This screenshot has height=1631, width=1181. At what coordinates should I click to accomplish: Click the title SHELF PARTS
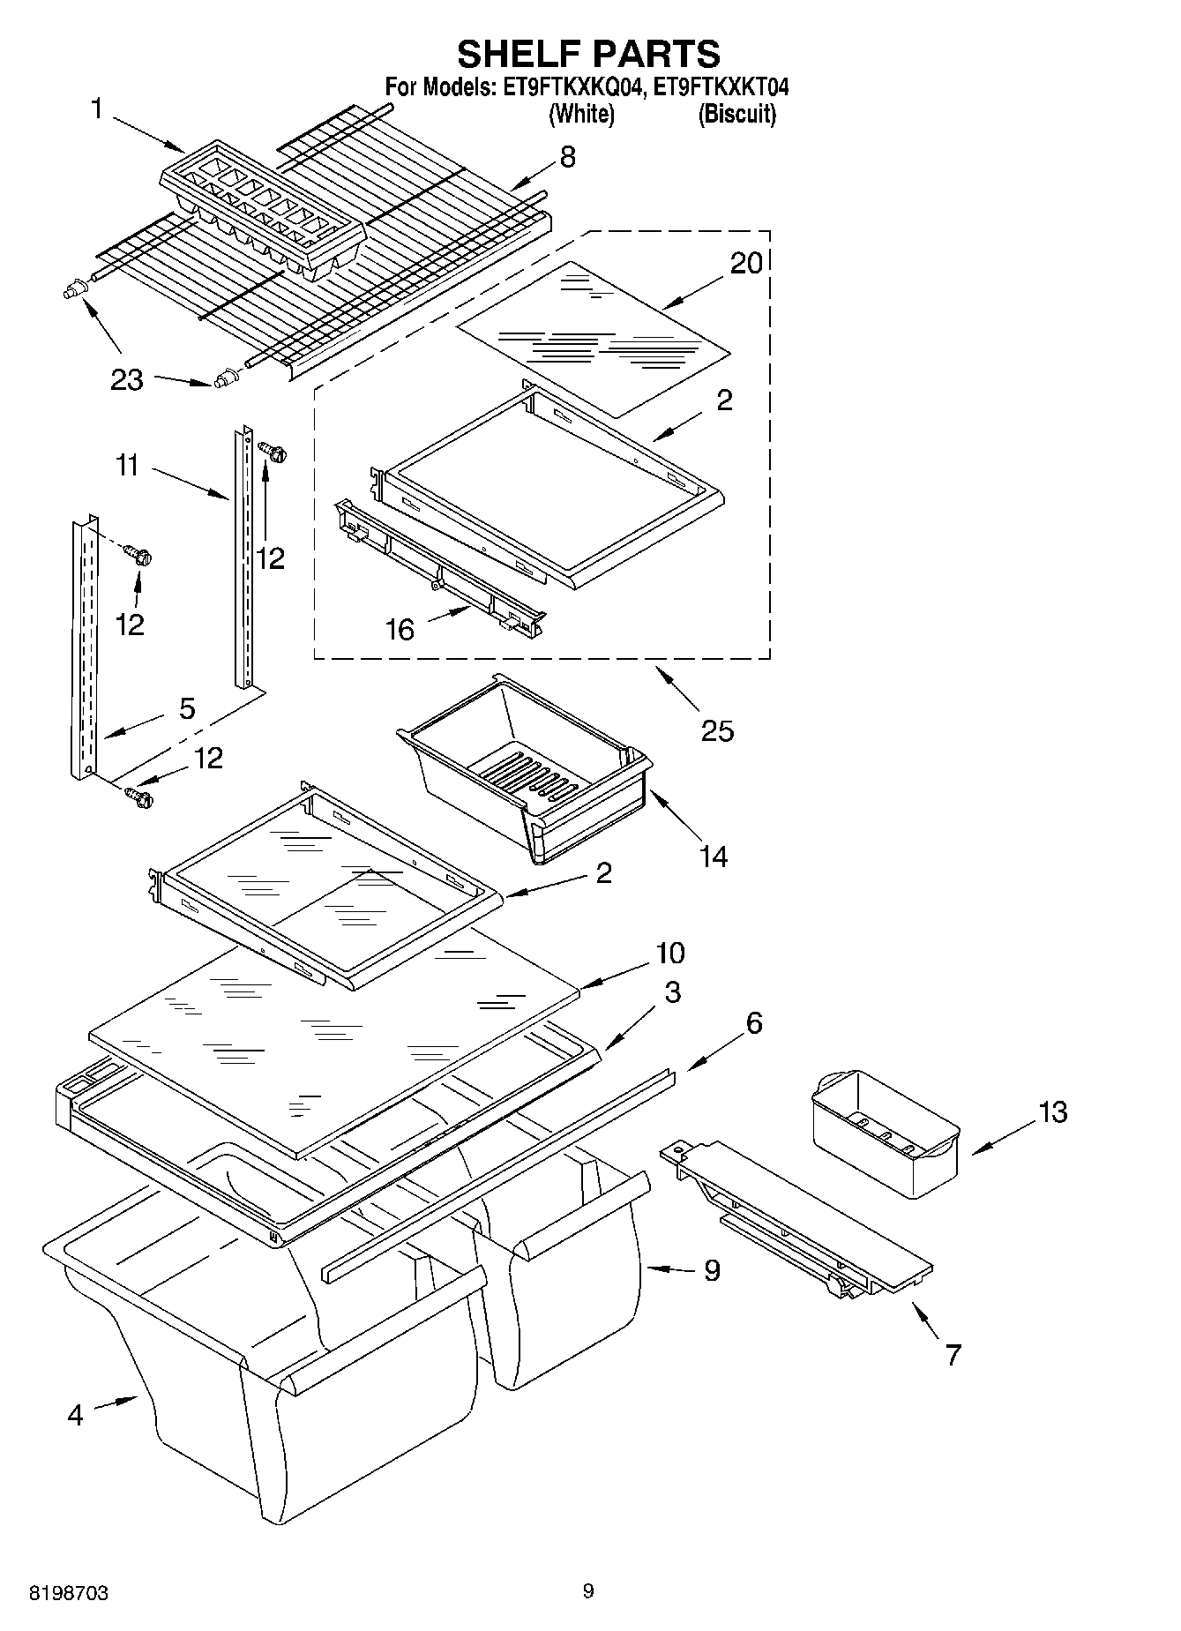[x=588, y=55]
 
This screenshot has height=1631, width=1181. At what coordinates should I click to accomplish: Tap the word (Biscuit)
[x=736, y=114]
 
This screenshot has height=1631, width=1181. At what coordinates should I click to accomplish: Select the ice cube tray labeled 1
[x=262, y=208]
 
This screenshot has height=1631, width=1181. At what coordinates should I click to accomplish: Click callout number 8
[x=567, y=157]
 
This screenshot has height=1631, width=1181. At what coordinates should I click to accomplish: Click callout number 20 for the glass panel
[x=746, y=263]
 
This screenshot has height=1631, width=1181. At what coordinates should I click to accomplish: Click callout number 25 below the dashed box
[x=717, y=730]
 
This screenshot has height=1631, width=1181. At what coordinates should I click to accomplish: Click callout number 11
[x=128, y=465]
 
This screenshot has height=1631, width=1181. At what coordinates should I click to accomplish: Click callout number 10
[x=669, y=953]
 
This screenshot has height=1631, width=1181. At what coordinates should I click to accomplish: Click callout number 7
[x=953, y=1354]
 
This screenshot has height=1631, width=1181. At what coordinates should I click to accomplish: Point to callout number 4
[x=75, y=1415]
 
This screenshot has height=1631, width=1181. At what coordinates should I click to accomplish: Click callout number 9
[x=712, y=1270]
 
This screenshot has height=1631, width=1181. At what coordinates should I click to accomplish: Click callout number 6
[x=753, y=1023]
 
